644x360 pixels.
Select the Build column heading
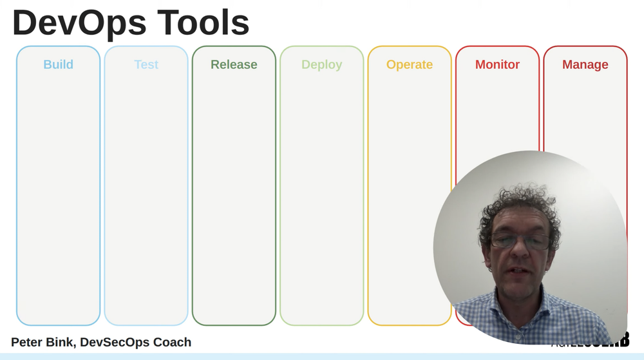pyautogui.click(x=58, y=64)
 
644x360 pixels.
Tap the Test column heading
pyautogui.click(x=146, y=64)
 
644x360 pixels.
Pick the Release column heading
pyautogui.click(x=234, y=64)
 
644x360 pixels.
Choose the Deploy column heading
pyautogui.click(x=321, y=64)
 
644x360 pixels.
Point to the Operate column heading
pyautogui.click(x=410, y=64)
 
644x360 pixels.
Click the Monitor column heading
pyautogui.click(x=497, y=64)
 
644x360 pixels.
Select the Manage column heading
pyautogui.click(x=585, y=64)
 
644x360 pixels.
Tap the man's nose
pyautogui.click(x=519, y=254)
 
